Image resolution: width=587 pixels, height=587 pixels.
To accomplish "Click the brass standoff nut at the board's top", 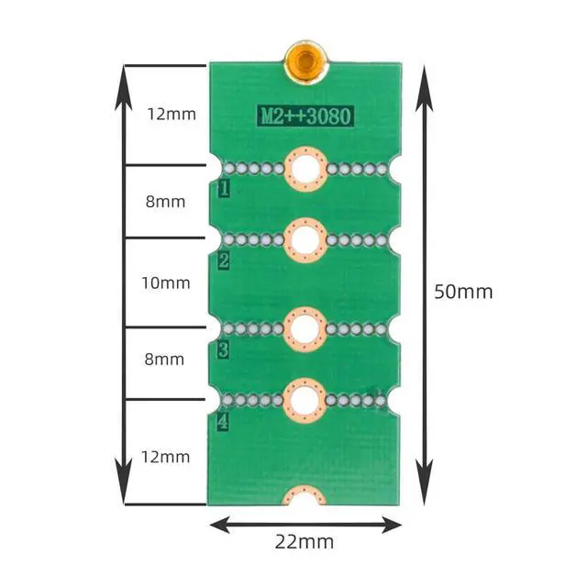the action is [x=306, y=61].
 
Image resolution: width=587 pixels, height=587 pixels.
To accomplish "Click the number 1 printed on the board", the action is [x=223, y=190].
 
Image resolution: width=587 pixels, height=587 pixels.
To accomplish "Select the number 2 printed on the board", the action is [x=223, y=261].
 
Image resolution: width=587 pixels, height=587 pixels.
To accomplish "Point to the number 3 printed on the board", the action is [x=223, y=349].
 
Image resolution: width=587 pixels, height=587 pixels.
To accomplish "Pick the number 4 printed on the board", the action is [x=223, y=423].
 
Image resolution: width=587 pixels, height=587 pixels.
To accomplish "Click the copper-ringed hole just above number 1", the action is [x=305, y=168].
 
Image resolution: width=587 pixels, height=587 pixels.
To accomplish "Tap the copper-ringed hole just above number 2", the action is [x=305, y=239].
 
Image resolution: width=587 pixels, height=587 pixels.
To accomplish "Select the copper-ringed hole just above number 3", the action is [x=305, y=327].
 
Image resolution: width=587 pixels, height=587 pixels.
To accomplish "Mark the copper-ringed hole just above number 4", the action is [x=305, y=399].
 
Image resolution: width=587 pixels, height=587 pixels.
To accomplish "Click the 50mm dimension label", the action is [x=463, y=292].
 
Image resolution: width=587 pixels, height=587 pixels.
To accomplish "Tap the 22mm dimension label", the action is [x=305, y=541].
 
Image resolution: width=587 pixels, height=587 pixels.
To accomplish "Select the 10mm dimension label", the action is [x=166, y=282].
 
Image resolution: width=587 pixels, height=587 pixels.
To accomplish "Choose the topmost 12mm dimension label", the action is [x=172, y=115].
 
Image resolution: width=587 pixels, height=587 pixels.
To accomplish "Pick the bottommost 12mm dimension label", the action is [x=166, y=456].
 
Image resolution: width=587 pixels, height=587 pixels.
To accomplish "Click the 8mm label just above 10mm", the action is [x=166, y=201].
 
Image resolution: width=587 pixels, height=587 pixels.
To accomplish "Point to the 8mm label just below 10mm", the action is [x=166, y=359].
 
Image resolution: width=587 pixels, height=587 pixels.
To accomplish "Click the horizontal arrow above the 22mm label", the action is [x=305, y=525].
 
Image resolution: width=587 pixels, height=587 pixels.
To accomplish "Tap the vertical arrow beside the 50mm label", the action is [x=424, y=284].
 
